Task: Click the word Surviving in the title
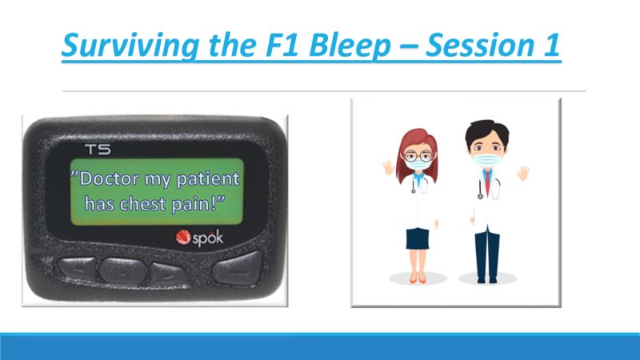click(130, 45)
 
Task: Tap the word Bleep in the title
click(350, 45)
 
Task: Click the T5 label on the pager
click(98, 150)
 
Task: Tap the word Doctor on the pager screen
click(109, 178)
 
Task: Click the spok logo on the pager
click(199, 238)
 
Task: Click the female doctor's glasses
click(418, 155)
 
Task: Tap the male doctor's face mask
click(487, 158)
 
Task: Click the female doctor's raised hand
click(388, 167)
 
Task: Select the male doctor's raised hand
click(523, 173)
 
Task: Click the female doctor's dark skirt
click(418, 238)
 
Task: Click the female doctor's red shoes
click(418, 278)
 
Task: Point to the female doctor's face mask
click(418, 165)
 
